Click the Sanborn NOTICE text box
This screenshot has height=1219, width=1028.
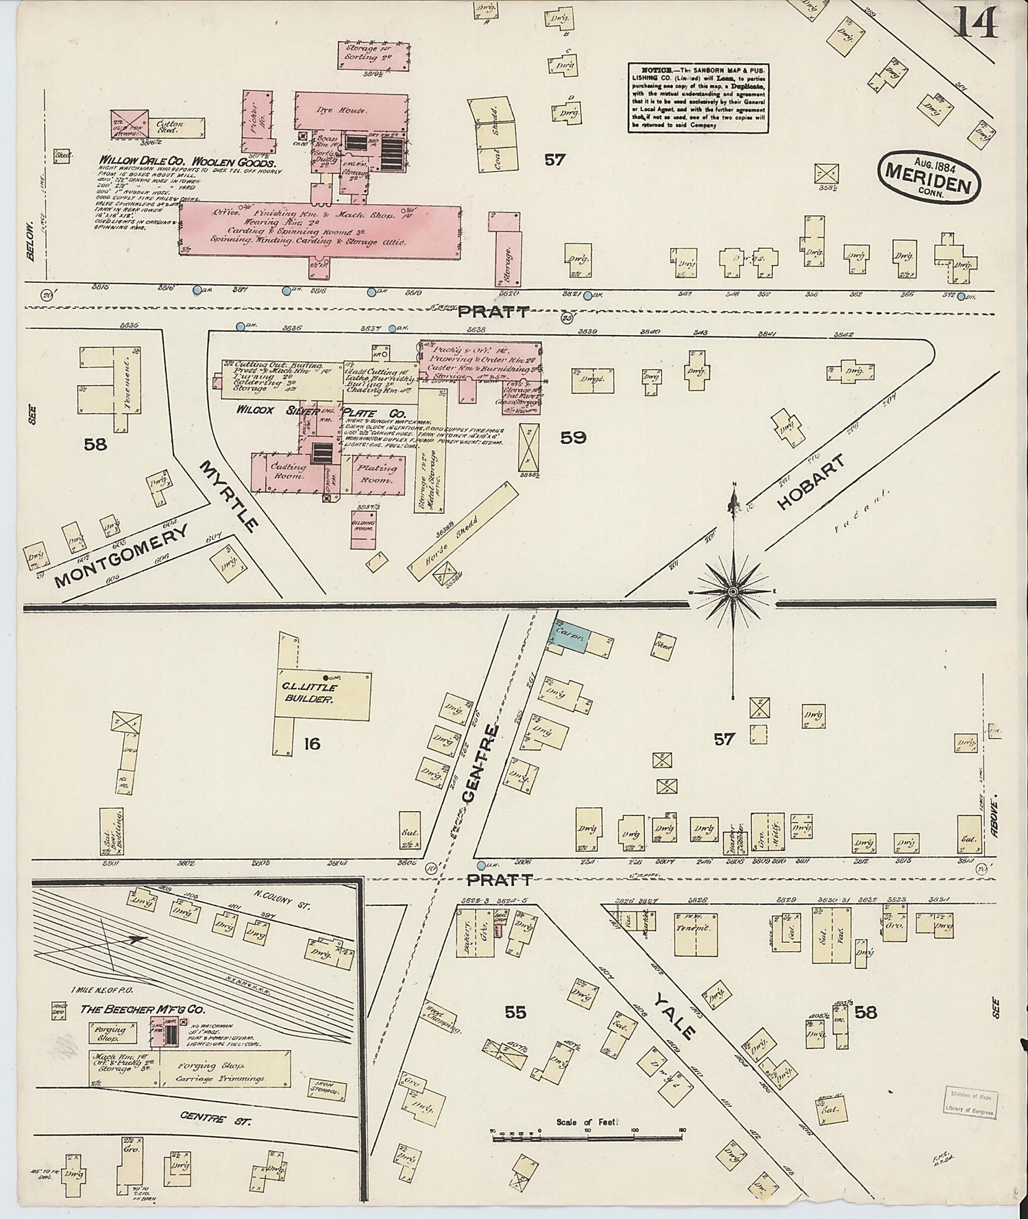(x=698, y=98)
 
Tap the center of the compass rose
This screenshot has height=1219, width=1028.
(x=733, y=591)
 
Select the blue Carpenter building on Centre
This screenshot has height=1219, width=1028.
(x=568, y=637)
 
